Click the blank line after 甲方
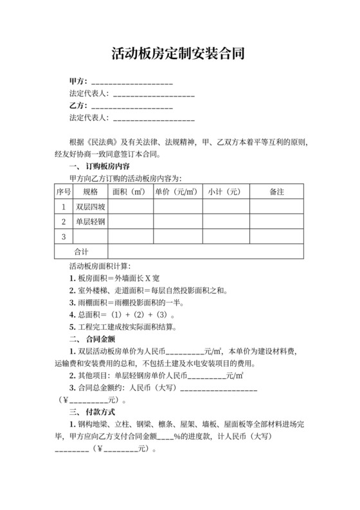(x=132, y=84)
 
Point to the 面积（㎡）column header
(x=130, y=192)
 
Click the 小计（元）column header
(x=224, y=192)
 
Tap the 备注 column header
(x=277, y=192)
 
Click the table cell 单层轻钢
(x=90, y=222)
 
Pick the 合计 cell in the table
(x=82, y=251)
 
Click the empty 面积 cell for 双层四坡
(x=130, y=207)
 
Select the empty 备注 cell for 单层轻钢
(x=277, y=222)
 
